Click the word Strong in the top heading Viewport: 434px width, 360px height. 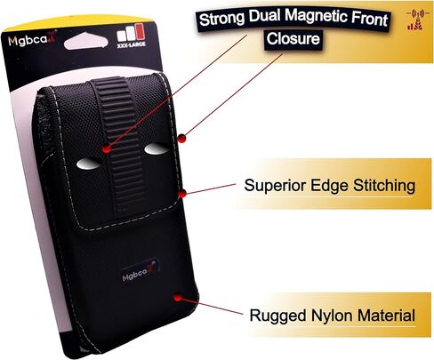pos(221,19)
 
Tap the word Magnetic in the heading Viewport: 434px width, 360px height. pos(317,17)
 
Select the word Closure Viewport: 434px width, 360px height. pos(293,39)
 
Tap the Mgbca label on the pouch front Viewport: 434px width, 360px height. pos(140,272)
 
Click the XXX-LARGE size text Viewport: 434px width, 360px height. pos(131,44)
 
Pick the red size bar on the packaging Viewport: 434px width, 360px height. pos(140,32)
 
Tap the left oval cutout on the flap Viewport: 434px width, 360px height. pos(88,164)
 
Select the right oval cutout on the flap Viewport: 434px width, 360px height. pos(157,148)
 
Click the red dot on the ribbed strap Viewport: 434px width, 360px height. pos(107,149)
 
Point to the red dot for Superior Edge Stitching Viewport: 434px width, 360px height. pos(182,194)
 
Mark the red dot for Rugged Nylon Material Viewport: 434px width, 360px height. pos(178,298)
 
